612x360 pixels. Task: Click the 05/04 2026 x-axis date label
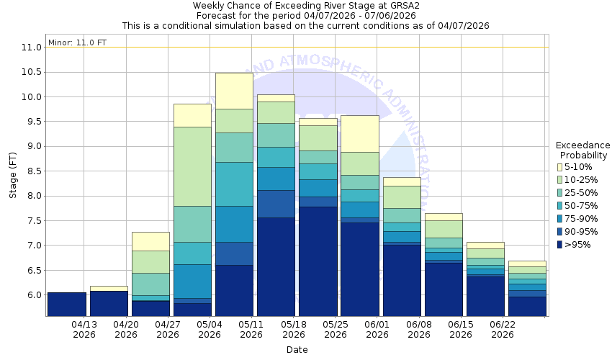210,329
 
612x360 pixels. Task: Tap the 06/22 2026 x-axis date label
502,329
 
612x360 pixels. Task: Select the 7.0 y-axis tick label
31,246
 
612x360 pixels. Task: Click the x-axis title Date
297,350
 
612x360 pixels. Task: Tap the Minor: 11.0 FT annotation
77,42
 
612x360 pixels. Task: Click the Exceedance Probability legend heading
583,150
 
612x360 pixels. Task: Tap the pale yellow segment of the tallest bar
234,91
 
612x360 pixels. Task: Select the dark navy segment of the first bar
67,304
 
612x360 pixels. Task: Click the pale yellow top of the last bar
526,264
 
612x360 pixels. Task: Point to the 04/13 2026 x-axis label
84,329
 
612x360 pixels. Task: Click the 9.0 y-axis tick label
31,146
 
